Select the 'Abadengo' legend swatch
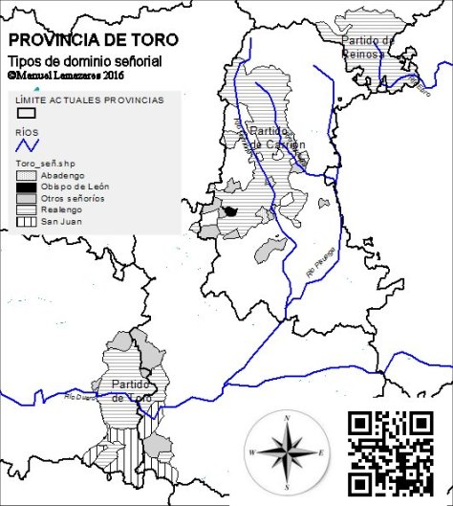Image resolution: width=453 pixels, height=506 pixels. coord(26,176)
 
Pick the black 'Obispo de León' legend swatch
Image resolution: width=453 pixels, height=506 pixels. coord(26,187)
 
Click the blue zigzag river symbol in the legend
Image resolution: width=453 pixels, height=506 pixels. coord(28,145)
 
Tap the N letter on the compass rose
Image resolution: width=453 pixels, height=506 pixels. coord(287,417)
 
